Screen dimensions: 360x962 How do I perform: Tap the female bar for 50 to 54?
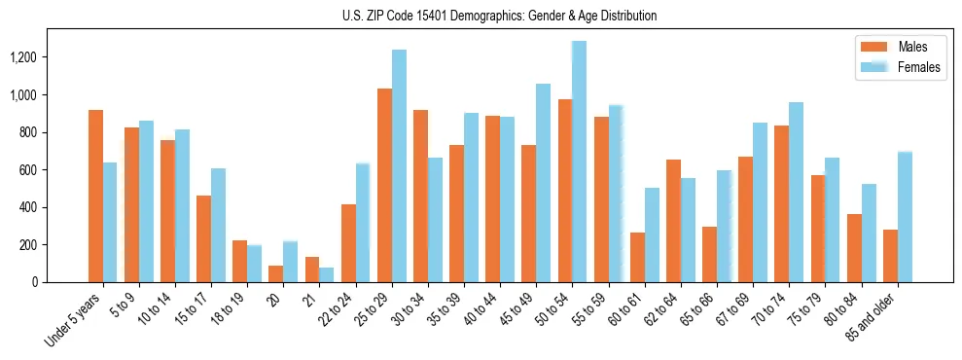580,162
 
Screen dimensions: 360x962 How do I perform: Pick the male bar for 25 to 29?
384,185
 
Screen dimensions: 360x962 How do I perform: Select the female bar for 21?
327,274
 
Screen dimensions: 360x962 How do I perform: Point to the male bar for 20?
276,273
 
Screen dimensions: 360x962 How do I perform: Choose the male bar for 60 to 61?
637,257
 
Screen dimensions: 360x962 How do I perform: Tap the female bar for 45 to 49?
543,183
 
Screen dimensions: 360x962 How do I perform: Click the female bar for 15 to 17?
218,225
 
